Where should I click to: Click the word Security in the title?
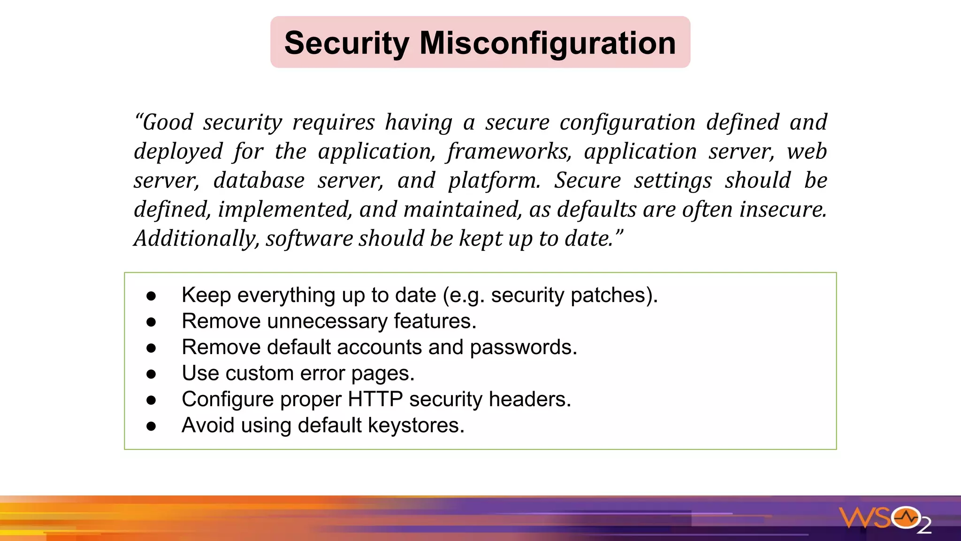(347, 43)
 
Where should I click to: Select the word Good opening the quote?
(167, 123)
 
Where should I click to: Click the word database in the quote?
(259, 181)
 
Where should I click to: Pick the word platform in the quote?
(494, 181)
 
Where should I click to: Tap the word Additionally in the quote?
(196, 239)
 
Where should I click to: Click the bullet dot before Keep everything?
(151, 296)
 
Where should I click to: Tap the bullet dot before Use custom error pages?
(151, 374)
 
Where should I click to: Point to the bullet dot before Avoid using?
(151, 426)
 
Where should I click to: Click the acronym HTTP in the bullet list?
(374, 399)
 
